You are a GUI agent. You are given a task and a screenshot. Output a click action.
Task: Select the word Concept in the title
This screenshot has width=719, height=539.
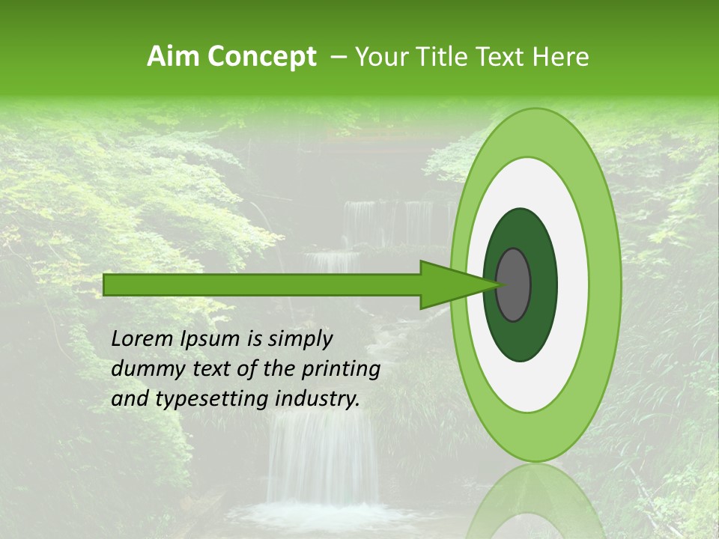[x=261, y=57]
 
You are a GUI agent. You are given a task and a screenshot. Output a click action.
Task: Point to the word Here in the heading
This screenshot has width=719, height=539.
[x=561, y=57]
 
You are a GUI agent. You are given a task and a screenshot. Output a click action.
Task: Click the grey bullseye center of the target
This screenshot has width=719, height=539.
[x=513, y=284]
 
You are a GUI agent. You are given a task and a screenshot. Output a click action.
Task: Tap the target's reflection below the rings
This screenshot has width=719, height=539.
[x=536, y=502]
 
